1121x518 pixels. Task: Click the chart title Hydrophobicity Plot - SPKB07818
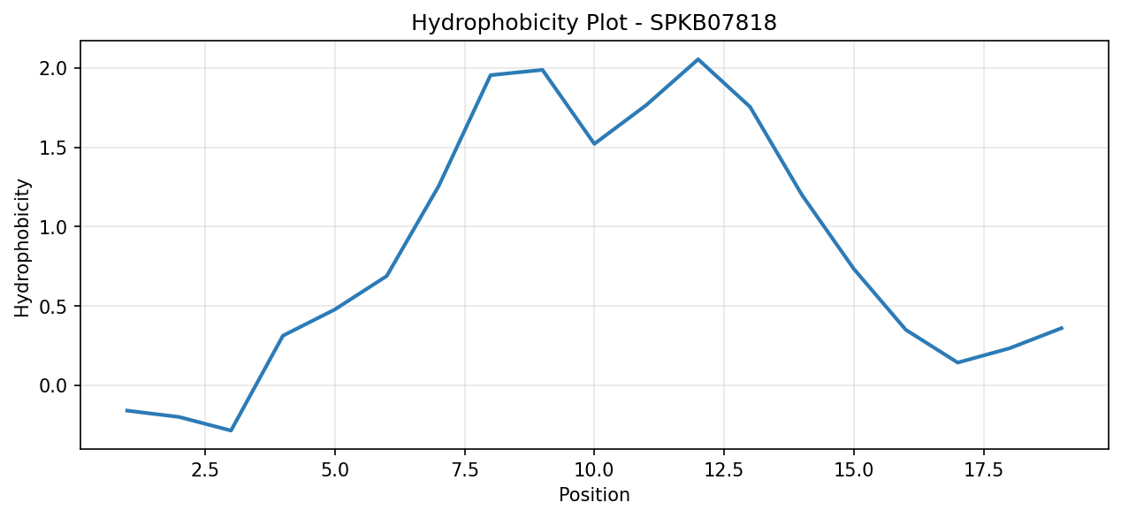pos(594,23)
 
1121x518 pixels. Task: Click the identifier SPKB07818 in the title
pos(713,23)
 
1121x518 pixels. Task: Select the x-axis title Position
pos(594,495)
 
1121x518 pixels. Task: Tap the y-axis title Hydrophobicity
pos(22,248)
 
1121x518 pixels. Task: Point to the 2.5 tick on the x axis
pos(205,470)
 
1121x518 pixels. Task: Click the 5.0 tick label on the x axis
pos(335,470)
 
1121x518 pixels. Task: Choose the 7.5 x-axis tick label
pos(464,470)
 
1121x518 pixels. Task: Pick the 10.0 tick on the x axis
pos(594,470)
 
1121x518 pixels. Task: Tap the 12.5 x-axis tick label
pos(724,470)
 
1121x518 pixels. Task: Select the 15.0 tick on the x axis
pos(854,470)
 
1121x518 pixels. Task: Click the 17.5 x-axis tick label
pos(983,470)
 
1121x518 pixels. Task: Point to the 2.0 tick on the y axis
pos(53,68)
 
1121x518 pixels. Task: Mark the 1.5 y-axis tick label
pos(53,148)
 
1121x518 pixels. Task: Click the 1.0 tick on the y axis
pos(53,226)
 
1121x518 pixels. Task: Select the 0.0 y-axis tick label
pos(53,386)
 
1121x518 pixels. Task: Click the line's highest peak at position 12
pos(698,59)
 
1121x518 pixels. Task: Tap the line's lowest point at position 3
pos(231,430)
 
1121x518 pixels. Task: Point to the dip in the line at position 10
pos(594,143)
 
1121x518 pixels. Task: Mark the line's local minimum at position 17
pos(957,362)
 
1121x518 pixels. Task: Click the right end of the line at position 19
pos(1062,328)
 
